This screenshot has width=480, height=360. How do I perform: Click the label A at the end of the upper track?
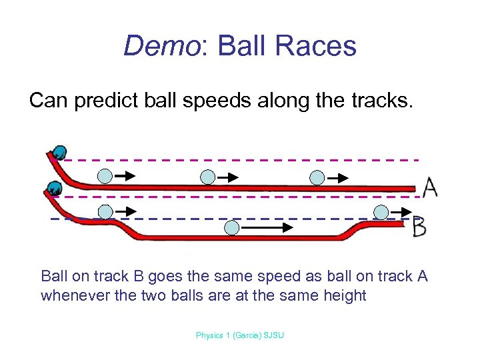pos(430,187)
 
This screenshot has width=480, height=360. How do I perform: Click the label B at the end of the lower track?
pos(419,227)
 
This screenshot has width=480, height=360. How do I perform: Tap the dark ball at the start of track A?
pos(60,152)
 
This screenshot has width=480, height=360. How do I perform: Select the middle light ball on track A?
pos(208,177)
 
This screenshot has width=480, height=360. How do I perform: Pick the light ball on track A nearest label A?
pos(318,177)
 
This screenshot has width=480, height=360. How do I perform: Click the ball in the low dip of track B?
pos(231,227)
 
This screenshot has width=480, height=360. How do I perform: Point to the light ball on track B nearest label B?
pos(381,212)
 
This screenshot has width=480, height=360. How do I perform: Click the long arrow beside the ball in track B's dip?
pos(267,227)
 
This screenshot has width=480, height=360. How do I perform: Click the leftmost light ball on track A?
pos(105,176)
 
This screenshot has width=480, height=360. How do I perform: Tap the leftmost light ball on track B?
pos(105,212)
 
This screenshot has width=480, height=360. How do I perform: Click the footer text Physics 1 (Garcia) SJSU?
pos(239,335)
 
